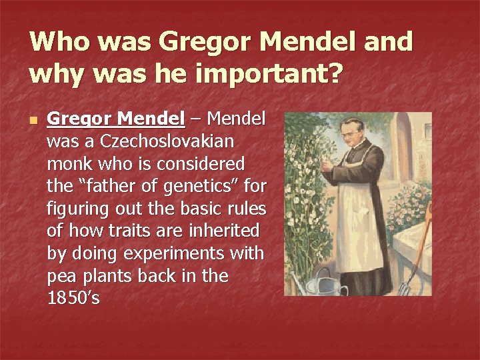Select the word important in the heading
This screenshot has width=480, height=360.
[265, 75]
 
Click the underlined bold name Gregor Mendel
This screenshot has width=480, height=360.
[116, 119]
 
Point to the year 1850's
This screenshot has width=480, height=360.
[73, 299]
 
